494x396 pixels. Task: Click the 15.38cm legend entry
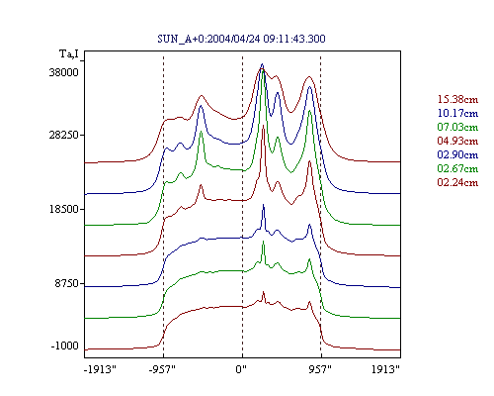pyautogui.click(x=457, y=99)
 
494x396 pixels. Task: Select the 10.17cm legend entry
pyautogui.click(x=457, y=113)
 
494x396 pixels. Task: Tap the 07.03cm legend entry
pyautogui.click(x=457, y=127)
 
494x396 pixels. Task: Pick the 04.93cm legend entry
pyautogui.click(x=457, y=141)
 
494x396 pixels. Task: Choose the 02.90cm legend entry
pyautogui.click(x=457, y=154)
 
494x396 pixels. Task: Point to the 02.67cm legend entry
pyautogui.click(x=457, y=168)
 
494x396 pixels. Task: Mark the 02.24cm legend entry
pyautogui.click(x=457, y=182)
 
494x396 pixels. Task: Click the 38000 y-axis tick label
pyautogui.click(x=64, y=72)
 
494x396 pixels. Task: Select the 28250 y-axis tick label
pyautogui.click(x=64, y=135)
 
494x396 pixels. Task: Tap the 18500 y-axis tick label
pyautogui.click(x=64, y=209)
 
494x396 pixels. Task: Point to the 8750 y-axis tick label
pyautogui.click(x=67, y=283)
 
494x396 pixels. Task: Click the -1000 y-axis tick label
pyautogui.click(x=65, y=346)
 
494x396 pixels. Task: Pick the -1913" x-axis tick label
pyautogui.click(x=101, y=369)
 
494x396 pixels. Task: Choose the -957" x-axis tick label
pyautogui.click(x=162, y=369)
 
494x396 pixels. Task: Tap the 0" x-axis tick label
pyautogui.click(x=241, y=369)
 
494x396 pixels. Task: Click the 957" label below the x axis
pyautogui.click(x=320, y=369)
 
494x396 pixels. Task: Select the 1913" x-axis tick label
pyautogui.click(x=385, y=369)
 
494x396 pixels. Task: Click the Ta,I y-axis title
pyautogui.click(x=69, y=53)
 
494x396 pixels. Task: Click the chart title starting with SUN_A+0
pyautogui.click(x=241, y=39)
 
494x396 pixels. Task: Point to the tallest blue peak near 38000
pyautogui.click(x=262, y=64)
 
